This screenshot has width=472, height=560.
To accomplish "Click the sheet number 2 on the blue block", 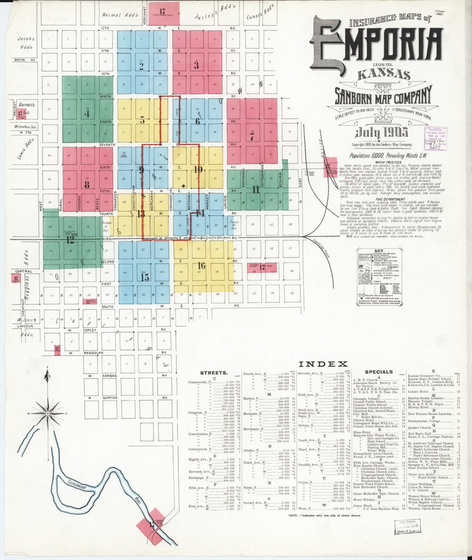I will (141, 66).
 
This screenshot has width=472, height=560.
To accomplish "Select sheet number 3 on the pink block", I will (196, 66).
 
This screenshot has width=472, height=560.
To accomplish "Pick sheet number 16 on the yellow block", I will (202, 266).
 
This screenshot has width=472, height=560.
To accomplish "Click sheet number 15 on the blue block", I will (145, 277).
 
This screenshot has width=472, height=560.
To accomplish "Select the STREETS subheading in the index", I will (214, 372).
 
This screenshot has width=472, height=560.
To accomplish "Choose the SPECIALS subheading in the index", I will (379, 372).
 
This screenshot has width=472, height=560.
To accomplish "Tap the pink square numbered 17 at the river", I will (152, 525).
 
